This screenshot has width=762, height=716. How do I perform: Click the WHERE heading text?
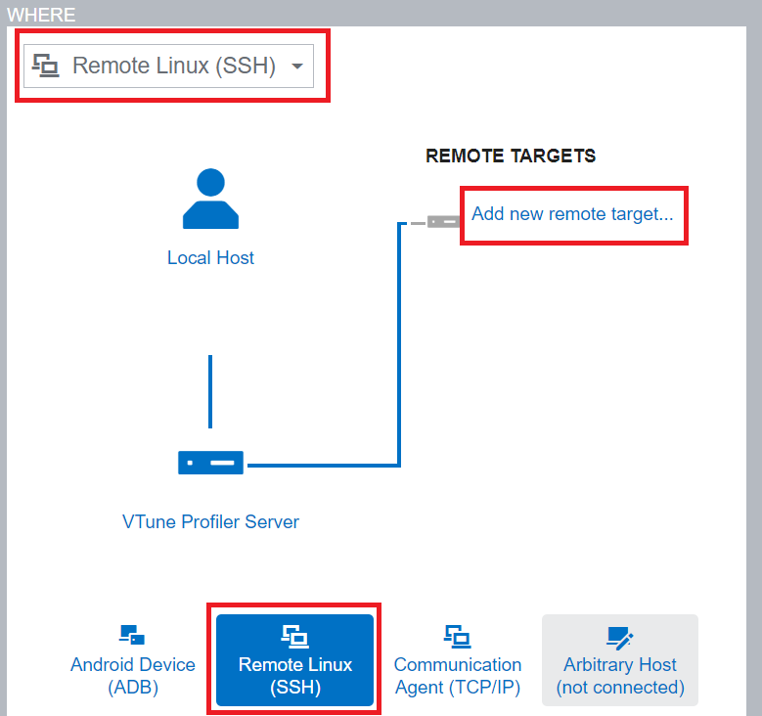[41, 15]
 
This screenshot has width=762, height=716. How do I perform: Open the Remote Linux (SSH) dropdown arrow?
[297, 67]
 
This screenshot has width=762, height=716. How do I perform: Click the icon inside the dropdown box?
[46, 67]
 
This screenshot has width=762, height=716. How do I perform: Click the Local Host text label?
[210, 258]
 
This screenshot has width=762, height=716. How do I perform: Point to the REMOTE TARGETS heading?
[511, 156]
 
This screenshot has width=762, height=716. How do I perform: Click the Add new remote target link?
[572, 213]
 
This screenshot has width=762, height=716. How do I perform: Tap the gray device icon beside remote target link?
[443, 221]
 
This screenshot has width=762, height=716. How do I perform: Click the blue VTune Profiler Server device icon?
[210, 462]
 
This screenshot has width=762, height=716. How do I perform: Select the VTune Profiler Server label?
[210, 521]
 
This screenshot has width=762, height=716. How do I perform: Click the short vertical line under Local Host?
[210, 391]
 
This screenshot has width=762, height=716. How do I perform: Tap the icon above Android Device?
[132, 636]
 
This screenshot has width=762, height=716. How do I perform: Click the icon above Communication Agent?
[457, 636]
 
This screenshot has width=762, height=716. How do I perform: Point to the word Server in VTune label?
[273, 521]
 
